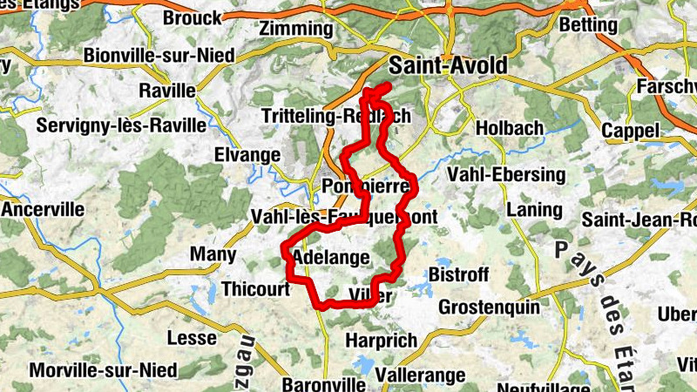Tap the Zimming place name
(x=296, y=29)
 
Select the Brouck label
(x=192, y=17)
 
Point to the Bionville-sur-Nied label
(x=159, y=56)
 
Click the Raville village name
(x=167, y=91)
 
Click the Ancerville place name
(x=44, y=210)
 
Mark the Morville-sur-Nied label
(x=103, y=369)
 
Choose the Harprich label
(x=382, y=340)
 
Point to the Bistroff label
(x=459, y=274)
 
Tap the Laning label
(x=534, y=210)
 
